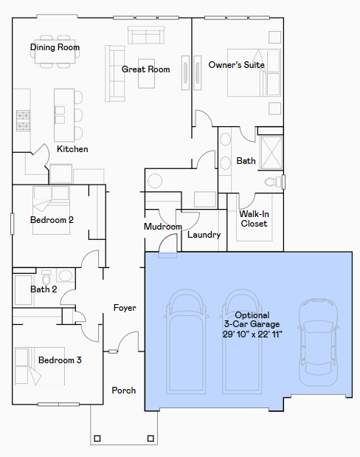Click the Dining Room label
pos(55,47)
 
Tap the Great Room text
pos(145,69)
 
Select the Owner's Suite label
pos(236,65)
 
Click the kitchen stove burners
pos(23,120)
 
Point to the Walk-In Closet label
pos(254,219)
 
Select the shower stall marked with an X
pos(271,152)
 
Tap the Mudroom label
pos(163,227)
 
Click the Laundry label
pos(204,235)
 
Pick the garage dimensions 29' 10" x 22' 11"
pos(252,334)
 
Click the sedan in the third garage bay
pos(318,342)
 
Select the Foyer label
pos(125,308)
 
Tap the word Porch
pos(124,391)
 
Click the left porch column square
pos(97,439)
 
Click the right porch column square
pos(150,439)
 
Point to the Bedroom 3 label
pos(60,360)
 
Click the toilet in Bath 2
pos(46,277)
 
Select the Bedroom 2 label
pos(52,220)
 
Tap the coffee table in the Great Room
pos(146,73)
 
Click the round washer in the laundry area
pos(155,181)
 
